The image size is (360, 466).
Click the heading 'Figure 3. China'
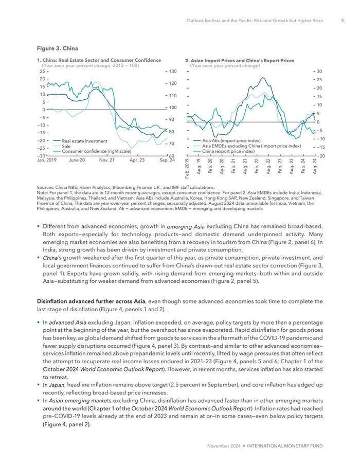58,48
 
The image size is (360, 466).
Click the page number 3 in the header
342,21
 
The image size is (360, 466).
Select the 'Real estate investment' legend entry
84,141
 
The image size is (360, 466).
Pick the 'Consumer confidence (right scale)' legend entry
96,151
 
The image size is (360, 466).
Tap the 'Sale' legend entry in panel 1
66,146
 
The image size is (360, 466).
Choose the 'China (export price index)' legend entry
228,152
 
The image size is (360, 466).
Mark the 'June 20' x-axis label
77,160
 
